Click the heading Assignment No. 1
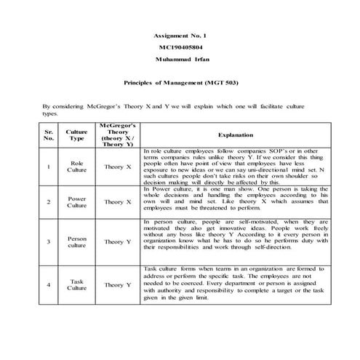180,35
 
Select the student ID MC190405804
180,47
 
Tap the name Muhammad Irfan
180,59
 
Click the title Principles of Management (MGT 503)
180,83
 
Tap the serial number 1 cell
49,167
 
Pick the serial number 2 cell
49,201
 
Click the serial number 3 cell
49,241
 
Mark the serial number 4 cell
49,284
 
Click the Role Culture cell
76,167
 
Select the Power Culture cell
76,201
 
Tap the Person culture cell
76,241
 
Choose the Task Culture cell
76,284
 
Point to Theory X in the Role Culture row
117,167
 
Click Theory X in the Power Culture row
117,201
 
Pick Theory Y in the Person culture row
117,241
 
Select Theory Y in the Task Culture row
117,284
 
